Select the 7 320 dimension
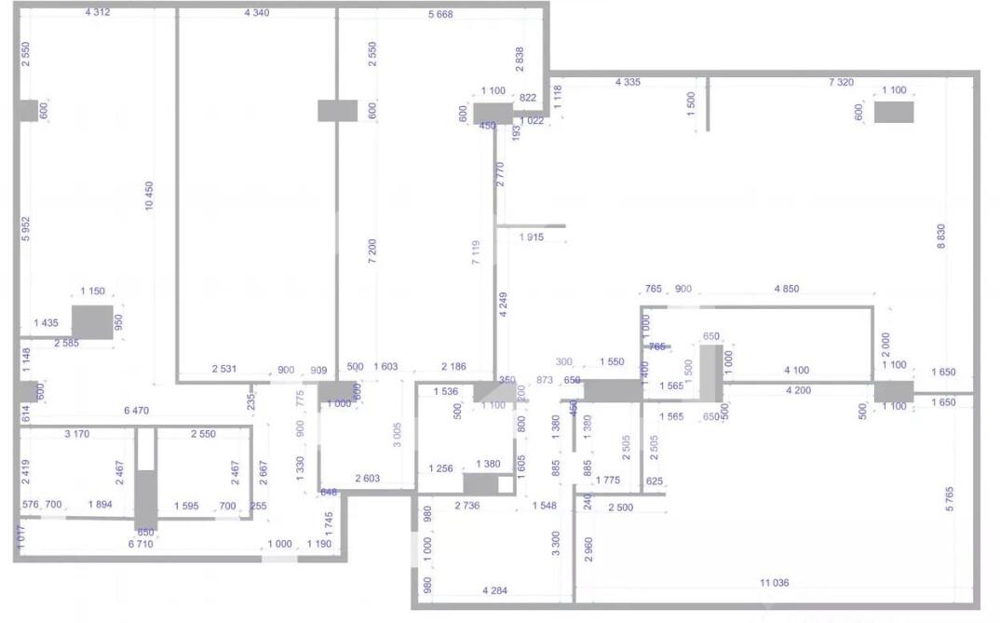(841, 83)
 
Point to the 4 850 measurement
(786, 290)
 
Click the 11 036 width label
(774, 583)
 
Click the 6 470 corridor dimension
(137, 410)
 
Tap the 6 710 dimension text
(140, 543)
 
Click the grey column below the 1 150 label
(92, 321)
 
